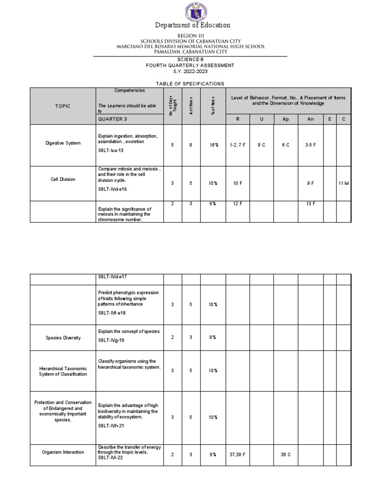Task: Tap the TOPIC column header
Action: coord(63,106)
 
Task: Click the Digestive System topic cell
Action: coord(63,143)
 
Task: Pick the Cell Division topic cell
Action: coord(63,179)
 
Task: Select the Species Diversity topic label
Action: coord(63,338)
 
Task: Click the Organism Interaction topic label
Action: coord(63,452)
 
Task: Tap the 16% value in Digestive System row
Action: coord(212,146)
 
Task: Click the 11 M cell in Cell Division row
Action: coord(343,183)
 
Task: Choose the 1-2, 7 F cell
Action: coord(238,146)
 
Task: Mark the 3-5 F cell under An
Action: coord(310,146)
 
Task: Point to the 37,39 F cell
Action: coord(238,455)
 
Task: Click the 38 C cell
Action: coord(286,455)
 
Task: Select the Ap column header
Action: coord(286,119)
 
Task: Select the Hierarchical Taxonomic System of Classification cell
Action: coord(63,371)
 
